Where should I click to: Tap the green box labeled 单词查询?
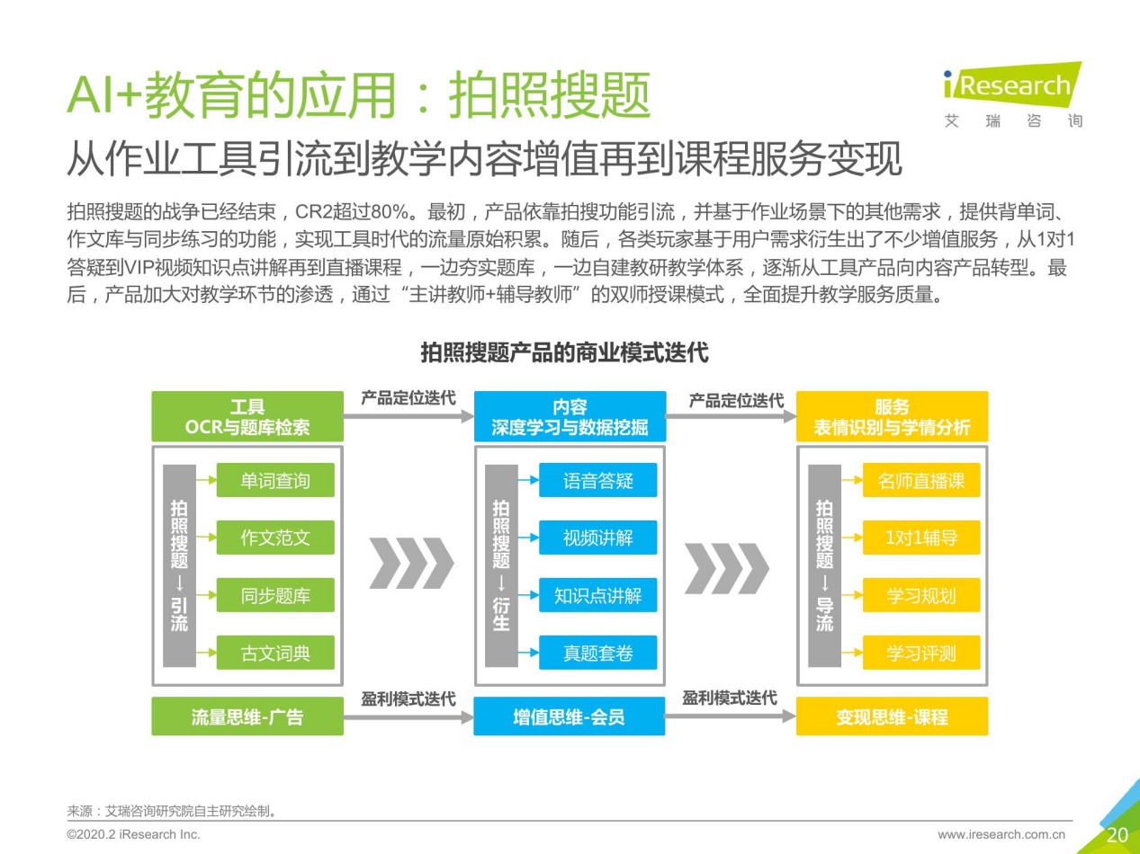point(274,481)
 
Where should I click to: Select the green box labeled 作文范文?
point(274,538)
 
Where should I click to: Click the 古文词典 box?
point(274,653)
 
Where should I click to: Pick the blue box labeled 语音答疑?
point(597,481)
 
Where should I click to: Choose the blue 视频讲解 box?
point(597,538)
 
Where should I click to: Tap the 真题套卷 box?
point(597,653)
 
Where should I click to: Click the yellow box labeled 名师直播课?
point(920,481)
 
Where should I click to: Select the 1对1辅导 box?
point(920,538)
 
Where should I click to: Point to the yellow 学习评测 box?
point(920,653)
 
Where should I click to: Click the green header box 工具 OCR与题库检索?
point(247,416)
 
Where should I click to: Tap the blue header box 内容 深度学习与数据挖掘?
point(570,416)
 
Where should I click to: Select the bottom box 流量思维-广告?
point(247,716)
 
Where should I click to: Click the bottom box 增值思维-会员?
point(570,716)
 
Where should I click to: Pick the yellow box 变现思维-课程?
point(892,716)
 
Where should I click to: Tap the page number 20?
point(1117,834)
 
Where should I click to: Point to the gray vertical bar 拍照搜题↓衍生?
point(501,566)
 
